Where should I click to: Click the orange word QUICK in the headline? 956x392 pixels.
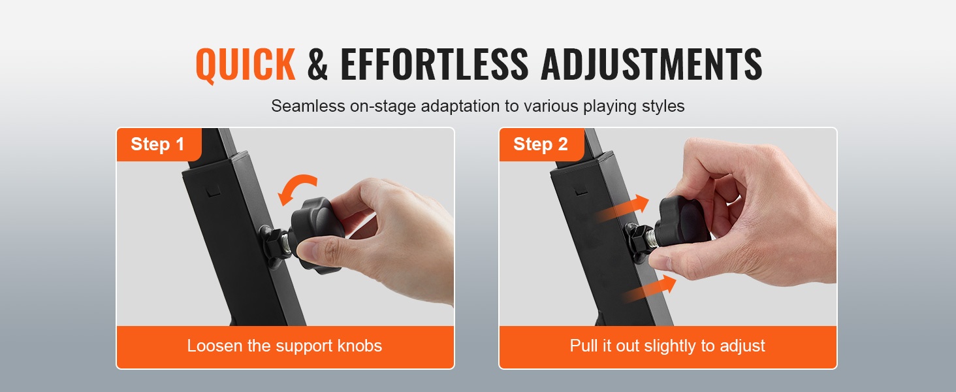pos(246,64)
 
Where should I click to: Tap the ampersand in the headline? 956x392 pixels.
pos(317,64)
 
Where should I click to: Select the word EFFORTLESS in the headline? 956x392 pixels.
pos(434,64)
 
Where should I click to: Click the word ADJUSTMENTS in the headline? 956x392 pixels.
pos(651,64)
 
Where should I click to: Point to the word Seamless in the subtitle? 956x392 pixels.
pos(308,106)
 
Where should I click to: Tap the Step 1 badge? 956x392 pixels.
pos(158,144)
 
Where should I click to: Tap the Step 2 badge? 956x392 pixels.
pos(541,144)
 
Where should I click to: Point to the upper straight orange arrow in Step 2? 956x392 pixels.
pos(623,208)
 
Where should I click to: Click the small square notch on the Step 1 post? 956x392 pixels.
pos(214,191)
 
